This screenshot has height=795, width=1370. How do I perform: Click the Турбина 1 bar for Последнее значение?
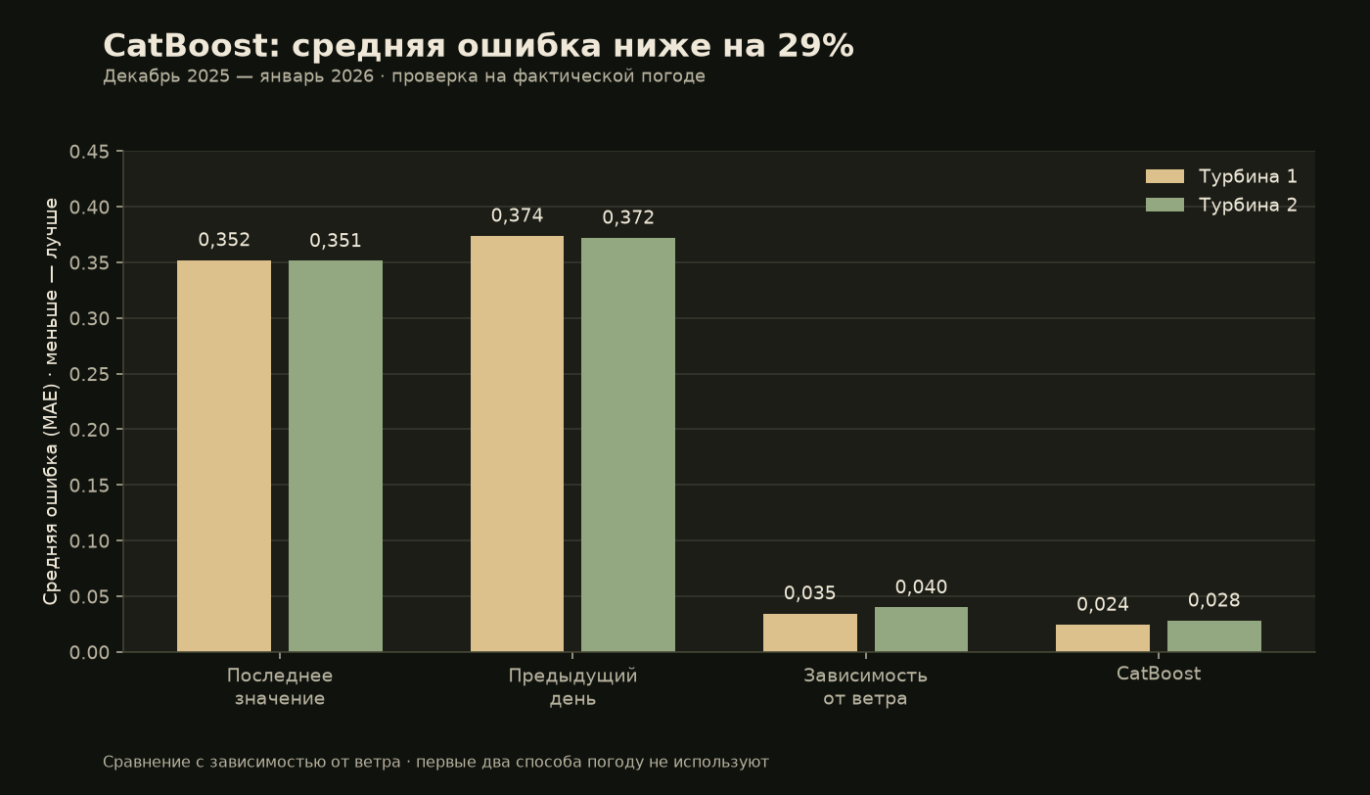click(x=224, y=456)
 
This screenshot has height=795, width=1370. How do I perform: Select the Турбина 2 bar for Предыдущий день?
click(x=628, y=444)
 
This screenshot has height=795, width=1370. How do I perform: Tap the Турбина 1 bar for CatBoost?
click(x=1103, y=638)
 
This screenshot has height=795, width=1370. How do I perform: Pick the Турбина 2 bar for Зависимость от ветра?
click(x=921, y=630)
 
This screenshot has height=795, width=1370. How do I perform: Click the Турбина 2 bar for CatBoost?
click(x=1214, y=636)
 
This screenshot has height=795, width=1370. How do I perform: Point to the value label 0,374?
click(x=517, y=216)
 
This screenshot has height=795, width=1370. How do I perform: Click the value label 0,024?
click(x=1103, y=605)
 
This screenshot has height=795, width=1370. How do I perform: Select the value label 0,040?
click(x=921, y=587)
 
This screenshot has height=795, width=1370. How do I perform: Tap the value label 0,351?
click(x=335, y=241)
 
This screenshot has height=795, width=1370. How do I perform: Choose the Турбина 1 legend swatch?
click(x=1164, y=176)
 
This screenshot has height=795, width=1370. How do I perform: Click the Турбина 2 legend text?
click(x=1248, y=205)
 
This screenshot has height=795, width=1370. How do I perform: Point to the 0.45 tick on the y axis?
click(x=89, y=152)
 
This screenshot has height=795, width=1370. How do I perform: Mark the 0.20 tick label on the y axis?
click(x=89, y=430)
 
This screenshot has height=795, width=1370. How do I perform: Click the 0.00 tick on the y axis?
click(x=89, y=652)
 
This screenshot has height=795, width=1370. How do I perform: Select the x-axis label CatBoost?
click(x=1159, y=674)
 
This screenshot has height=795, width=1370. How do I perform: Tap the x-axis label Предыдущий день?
click(x=572, y=687)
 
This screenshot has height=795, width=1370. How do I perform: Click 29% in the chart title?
click(x=816, y=46)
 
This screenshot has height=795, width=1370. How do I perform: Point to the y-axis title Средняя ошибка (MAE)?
click(x=50, y=494)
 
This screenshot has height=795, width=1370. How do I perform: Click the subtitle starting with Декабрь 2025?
click(x=403, y=76)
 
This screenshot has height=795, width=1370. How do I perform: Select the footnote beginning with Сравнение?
click(x=435, y=763)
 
